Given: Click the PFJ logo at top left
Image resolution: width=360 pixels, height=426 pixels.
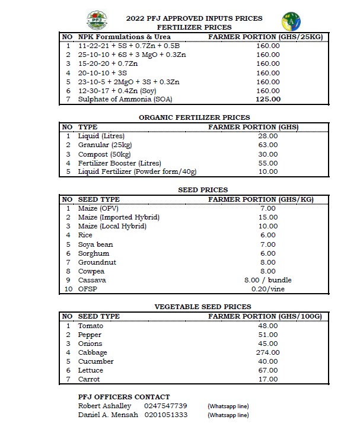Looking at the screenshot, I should click(97, 20).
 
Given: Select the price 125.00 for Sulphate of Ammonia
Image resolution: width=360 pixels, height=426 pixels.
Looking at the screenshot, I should click(267, 100).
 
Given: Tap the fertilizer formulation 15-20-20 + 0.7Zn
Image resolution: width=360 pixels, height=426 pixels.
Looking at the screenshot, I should click(108, 63).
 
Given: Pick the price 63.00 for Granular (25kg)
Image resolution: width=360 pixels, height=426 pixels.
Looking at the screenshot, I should click(267, 145).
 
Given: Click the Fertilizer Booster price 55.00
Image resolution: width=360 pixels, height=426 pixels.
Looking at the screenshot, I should click(267, 163).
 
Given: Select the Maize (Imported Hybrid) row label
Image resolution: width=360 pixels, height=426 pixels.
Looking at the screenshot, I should click(119, 217).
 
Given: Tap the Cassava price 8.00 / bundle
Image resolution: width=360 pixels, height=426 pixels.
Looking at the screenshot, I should click(267, 280).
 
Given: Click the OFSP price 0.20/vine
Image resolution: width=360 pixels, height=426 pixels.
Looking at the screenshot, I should click(267, 289).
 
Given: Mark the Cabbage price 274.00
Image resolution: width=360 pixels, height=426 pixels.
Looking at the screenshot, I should click(267, 352).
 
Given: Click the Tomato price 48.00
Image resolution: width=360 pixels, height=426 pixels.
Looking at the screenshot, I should click(267, 326).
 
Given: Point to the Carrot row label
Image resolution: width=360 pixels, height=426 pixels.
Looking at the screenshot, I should click(89, 379).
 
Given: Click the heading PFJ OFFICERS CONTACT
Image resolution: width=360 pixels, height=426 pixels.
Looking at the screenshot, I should click(124, 396).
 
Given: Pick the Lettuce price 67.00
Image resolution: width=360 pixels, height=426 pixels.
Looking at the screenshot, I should click(267, 370).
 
